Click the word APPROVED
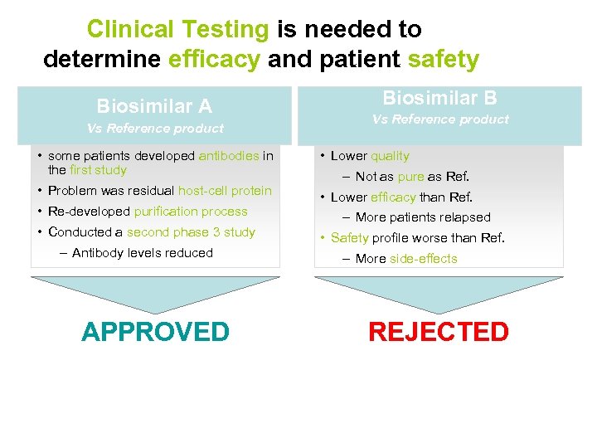click(155, 332)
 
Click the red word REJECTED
click(438, 332)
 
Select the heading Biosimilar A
click(154, 106)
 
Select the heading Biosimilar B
click(439, 98)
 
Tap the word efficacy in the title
click(214, 60)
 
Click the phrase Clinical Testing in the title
click(178, 30)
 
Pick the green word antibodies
click(229, 156)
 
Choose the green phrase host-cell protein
click(225, 191)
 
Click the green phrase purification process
click(191, 212)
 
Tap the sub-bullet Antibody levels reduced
click(142, 253)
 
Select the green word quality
click(390, 156)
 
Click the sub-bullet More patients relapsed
click(422, 217)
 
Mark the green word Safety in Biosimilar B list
click(350, 238)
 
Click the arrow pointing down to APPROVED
click(155, 292)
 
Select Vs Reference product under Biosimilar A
click(155, 129)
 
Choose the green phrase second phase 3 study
click(191, 232)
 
